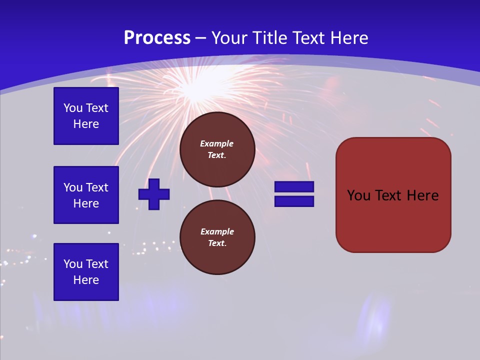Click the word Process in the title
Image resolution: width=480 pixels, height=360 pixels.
tap(157, 38)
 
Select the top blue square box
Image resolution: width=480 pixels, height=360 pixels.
tap(86, 116)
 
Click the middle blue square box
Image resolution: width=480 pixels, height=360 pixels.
tap(86, 195)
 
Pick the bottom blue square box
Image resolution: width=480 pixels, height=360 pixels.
tap(86, 272)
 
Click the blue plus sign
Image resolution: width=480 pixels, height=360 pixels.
tap(154, 194)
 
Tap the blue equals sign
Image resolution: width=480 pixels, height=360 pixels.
tap(294, 194)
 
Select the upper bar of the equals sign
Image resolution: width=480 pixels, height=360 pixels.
tap(294, 187)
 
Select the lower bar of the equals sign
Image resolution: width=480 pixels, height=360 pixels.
tap(294, 201)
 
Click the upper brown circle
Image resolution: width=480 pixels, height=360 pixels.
tap(217, 149)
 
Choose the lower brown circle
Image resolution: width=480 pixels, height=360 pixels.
tap(217, 237)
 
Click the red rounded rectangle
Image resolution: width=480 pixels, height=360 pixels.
tap(393, 195)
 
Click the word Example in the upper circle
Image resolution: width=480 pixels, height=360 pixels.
tap(216, 143)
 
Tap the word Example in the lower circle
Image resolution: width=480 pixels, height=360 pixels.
tap(216, 231)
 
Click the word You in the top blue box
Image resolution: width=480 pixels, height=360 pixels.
tap(72, 108)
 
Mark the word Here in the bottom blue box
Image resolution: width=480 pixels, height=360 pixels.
tap(86, 280)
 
